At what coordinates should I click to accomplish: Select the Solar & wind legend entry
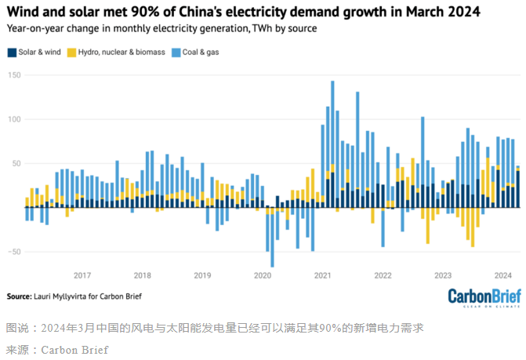click(38, 52)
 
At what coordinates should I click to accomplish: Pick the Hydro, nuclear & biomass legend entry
click(122, 52)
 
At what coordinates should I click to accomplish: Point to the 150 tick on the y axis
click(13, 75)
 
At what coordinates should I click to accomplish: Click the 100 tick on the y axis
click(13, 119)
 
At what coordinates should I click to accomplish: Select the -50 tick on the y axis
click(13, 252)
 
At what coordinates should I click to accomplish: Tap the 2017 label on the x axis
click(82, 275)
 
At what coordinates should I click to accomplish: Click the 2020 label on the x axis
click(263, 275)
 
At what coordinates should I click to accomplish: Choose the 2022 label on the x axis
click(383, 275)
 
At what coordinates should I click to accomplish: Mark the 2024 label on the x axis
click(502, 275)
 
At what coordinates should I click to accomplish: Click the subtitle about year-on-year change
click(161, 28)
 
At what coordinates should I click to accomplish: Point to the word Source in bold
click(18, 296)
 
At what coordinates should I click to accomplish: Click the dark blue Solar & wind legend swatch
click(11, 53)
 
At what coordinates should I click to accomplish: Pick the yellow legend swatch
click(70, 53)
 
